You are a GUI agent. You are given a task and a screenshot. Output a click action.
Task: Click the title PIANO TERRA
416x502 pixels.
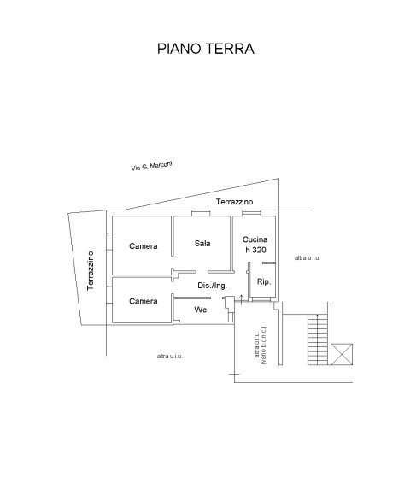206,49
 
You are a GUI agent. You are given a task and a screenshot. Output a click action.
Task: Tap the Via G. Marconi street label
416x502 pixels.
151,167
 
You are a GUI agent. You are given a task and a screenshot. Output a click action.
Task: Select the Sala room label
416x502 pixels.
202,243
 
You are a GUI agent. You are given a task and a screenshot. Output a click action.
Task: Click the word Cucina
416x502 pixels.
255,239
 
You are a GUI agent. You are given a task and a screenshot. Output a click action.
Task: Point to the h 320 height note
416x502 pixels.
255,250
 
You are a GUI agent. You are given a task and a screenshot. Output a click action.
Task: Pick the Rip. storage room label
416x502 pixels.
264,281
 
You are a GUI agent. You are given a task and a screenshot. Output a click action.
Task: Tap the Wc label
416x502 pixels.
201,309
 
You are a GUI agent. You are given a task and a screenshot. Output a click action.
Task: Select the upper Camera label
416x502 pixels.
144,246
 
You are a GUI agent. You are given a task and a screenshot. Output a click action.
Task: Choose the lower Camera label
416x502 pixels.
144,301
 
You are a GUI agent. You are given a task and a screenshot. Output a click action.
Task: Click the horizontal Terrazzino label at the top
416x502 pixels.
234,202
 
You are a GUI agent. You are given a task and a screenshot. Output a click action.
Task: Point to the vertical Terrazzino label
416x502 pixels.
91,270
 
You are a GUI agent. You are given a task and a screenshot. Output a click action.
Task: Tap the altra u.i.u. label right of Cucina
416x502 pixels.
307,257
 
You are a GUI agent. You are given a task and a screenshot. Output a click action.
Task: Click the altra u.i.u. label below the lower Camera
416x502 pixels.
169,356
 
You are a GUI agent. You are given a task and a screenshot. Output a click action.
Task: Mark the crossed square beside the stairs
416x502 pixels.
343,353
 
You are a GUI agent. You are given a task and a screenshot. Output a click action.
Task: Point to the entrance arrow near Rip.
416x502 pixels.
242,298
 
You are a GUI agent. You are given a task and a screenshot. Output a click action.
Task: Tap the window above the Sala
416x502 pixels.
202,212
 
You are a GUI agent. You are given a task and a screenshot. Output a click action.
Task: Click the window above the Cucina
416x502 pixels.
248,212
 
